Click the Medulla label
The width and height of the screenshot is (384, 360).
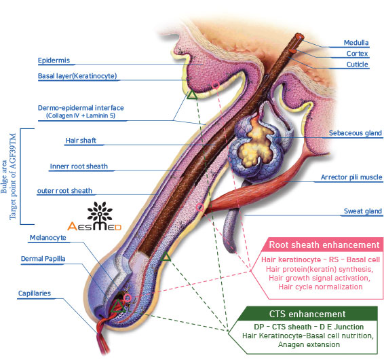click(356, 43)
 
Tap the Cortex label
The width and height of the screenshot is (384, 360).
click(357, 54)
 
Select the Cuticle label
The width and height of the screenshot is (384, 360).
click(357, 65)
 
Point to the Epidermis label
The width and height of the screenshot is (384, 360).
click(54, 60)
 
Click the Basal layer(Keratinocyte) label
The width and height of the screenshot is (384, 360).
click(77, 76)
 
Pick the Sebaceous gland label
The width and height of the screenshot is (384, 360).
click(355, 133)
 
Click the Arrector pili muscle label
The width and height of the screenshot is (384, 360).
click(351, 177)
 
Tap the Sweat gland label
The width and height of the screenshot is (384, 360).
click(363, 211)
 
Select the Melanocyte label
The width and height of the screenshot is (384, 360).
click(47, 238)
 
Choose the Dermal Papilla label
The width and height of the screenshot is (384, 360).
click(43, 259)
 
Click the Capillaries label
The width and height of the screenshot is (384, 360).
click(35, 293)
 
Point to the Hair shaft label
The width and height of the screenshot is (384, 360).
click(81, 141)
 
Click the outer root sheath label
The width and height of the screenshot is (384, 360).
click(64, 191)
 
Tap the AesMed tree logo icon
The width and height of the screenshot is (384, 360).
click(100, 211)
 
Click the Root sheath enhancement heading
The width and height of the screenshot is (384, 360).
click(324, 245)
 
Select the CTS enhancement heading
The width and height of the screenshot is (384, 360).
click(307, 314)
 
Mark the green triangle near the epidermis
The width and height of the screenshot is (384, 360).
click(192, 94)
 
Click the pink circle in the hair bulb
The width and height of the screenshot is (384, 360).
click(128, 298)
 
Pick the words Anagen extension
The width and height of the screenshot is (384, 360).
click(309, 344)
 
